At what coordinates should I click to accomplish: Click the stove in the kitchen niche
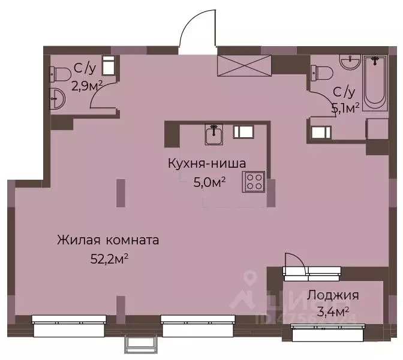coord(253,181)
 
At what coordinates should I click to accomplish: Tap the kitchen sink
coord(214,135)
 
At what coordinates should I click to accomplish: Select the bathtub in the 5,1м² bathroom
coord(375,82)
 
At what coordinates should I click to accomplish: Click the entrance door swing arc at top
coord(194,27)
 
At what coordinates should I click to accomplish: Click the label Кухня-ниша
coord(207,162)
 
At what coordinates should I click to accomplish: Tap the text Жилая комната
coord(108,241)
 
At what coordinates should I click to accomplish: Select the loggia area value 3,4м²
coord(334,311)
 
